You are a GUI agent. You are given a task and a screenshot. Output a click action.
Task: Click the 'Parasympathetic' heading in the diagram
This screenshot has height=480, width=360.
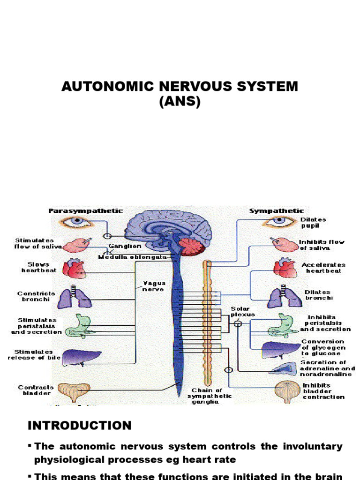(86, 211)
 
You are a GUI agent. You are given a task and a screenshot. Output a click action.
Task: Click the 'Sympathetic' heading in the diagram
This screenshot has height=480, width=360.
(276, 211)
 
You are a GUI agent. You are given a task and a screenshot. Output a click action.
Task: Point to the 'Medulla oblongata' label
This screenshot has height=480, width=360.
(132, 257)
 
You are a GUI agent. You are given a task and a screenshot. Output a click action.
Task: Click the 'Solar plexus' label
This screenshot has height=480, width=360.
(242, 311)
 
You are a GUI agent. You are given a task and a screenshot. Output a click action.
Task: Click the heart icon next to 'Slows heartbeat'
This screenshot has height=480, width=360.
(75, 268)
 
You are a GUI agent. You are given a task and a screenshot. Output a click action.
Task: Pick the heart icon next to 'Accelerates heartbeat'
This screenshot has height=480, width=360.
(285, 268)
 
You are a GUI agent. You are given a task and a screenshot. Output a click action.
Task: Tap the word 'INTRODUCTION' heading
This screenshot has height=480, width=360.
(79, 425)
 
